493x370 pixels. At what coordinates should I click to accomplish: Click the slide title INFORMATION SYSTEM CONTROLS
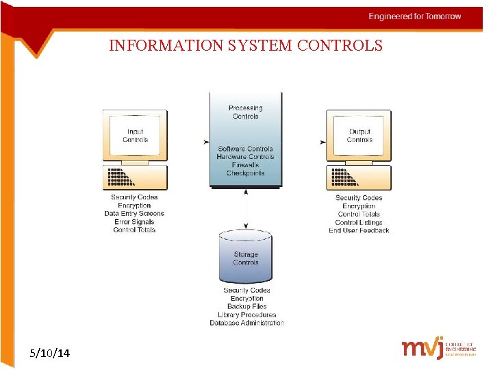click(246, 46)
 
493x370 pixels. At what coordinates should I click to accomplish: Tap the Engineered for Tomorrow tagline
click(415, 16)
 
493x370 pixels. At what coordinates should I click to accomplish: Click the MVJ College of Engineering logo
click(438, 348)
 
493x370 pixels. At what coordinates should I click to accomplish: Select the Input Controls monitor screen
click(135, 135)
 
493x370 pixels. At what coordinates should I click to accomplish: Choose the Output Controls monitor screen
click(359, 135)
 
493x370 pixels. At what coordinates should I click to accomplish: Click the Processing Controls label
click(245, 112)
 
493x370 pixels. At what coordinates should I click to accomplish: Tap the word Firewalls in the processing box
click(245, 165)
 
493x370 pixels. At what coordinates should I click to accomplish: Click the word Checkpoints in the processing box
click(245, 173)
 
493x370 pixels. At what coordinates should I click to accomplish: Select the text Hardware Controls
click(245, 157)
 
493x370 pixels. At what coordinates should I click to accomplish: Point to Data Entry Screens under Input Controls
click(134, 214)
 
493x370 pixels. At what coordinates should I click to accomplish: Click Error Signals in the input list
click(134, 222)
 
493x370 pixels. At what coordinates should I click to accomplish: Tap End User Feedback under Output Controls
click(359, 230)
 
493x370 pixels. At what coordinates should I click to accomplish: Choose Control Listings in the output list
click(359, 222)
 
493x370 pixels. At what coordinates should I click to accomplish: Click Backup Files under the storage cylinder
click(246, 306)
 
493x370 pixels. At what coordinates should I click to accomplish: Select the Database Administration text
click(246, 323)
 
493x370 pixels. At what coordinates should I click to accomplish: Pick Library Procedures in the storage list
click(246, 314)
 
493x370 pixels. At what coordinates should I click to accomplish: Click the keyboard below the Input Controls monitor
click(134, 178)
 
